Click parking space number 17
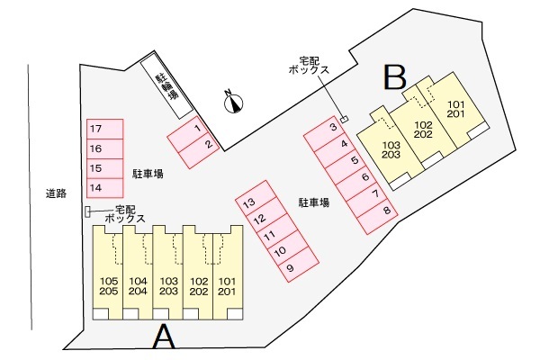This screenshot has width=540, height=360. [104, 130]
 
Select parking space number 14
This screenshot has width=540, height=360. [104, 188]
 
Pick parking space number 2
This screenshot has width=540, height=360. [199, 150]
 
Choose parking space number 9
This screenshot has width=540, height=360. [299, 265]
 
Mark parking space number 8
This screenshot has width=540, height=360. [377, 216]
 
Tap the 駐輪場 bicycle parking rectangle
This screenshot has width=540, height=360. [167, 85]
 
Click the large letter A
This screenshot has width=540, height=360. [165, 337]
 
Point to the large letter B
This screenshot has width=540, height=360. [395, 78]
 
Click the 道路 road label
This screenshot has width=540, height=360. [56, 193]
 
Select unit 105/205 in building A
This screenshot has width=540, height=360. [108, 273]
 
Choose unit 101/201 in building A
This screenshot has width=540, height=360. [228, 273]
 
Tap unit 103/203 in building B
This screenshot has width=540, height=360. [390, 151]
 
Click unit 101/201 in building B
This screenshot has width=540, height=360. [456, 109]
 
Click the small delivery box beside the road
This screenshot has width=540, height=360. [87, 211]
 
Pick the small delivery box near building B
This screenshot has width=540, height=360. [344, 119]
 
